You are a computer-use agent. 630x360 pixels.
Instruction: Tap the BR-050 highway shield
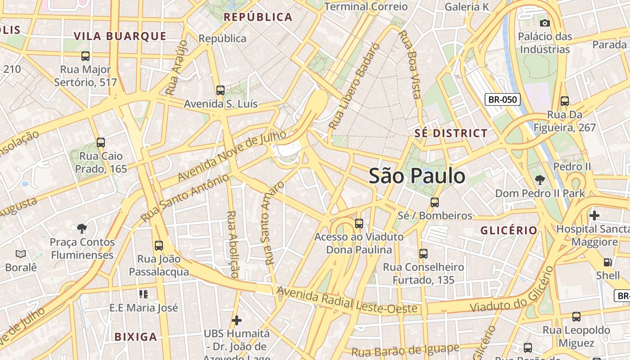click(x=502, y=99)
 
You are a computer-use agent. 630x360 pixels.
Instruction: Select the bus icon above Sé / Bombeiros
click(x=434, y=202)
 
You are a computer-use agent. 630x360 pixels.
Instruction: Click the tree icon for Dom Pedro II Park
click(x=540, y=180)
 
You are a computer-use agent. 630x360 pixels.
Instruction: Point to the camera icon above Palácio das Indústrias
click(x=544, y=23)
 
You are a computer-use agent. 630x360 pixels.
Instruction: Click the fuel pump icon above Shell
click(x=607, y=262)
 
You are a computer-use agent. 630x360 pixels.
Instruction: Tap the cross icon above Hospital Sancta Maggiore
click(x=594, y=215)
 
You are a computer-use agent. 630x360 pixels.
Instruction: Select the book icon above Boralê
click(x=21, y=254)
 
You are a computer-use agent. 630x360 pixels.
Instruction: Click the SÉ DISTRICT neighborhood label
click(x=450, y=133)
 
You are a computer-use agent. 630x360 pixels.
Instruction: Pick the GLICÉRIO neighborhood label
click(x=508, y=230)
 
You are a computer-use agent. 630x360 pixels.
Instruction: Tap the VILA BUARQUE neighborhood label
click(x=120, y=36)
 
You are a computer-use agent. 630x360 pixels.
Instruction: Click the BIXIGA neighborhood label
click(x=135, y=337)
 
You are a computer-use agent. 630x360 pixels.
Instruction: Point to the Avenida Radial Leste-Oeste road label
click(x=349, y=301)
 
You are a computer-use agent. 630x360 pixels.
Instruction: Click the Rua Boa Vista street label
click(x=410, y=64)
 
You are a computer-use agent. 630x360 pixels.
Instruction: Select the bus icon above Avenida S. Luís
click(x=220, y=90)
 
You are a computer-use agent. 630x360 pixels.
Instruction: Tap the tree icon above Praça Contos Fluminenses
click(x=81, y=229)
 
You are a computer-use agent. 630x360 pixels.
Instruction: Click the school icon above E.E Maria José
click(x=144, y=294)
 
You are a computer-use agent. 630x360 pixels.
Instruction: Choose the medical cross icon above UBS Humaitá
click(x=237, y=320)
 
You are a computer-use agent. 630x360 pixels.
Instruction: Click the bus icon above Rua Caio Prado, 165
click(x=101, y=143)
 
